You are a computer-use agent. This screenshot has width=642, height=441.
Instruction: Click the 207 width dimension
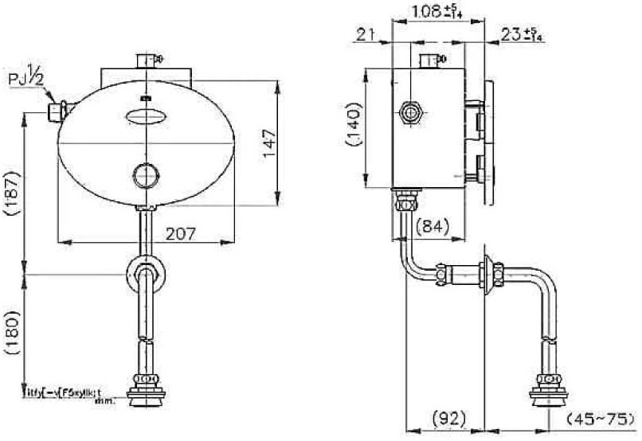coord(181,233)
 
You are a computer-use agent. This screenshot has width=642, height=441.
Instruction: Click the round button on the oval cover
coord(146,174)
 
